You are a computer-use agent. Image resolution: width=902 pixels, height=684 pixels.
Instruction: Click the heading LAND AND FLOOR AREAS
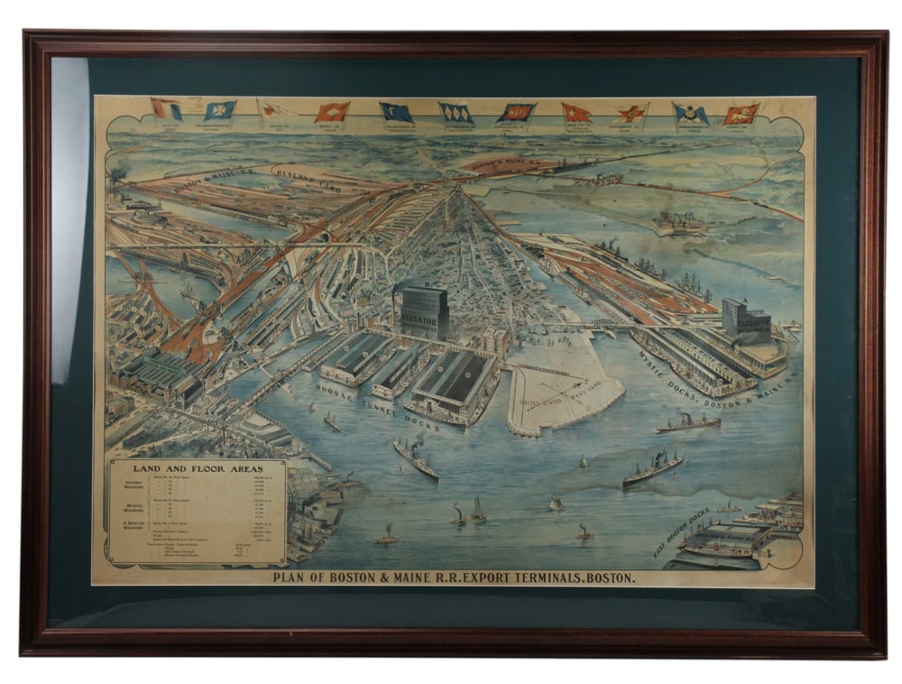tap(198, 468)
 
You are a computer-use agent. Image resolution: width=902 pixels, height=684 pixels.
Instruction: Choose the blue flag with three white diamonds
tap(456, 113)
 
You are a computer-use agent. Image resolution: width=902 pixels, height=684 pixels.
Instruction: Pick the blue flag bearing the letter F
tap(396, 112)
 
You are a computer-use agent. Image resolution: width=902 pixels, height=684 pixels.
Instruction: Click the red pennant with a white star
tap(576, 112)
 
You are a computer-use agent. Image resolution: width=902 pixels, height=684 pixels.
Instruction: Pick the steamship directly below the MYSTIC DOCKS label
tap(688, 422)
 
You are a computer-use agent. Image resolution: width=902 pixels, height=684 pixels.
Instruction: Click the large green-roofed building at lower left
tap(161, 372)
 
